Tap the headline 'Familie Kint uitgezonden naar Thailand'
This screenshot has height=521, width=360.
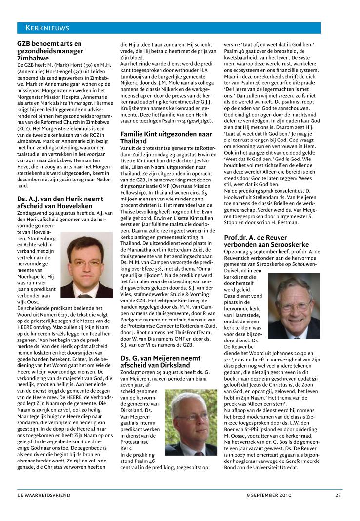coord(166,137)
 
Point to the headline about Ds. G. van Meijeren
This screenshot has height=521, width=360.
coord(160,348)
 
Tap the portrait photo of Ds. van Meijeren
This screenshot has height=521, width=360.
coord(191,421)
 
